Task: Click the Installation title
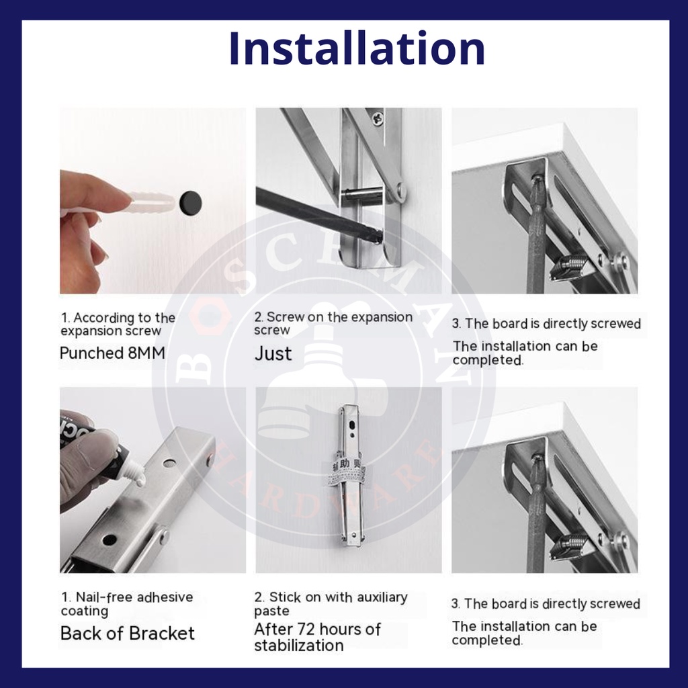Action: point(356,48)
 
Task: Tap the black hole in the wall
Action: point(190,204)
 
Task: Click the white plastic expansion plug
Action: point(149,202)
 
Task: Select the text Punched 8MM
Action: point(112,353)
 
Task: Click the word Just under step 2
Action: point(273,354)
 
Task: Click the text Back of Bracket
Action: point(127,633)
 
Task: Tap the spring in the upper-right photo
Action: point(568,266)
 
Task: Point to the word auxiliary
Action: point(382,597)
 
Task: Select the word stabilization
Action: point(299,646)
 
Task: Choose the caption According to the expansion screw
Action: point(118,324)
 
